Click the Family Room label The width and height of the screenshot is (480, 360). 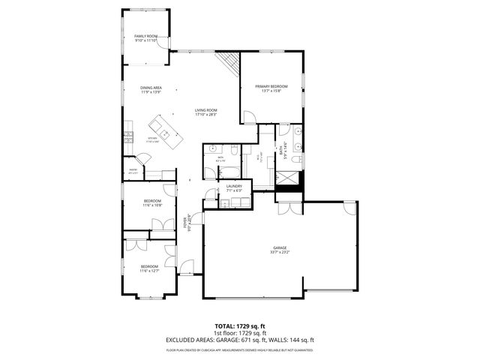click(x=145, y=36)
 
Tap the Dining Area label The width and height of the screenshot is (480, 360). click(x=151, y=88)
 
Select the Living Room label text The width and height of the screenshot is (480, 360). click(x=205, y=111)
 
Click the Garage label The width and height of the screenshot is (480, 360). click(x=280, y=248)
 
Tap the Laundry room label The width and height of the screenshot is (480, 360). click(x=234, y=187)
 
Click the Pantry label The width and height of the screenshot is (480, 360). click(x=133, y=171)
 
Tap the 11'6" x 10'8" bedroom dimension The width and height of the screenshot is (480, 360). click(x=153, y=205)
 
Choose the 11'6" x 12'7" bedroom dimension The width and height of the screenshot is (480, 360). click(x=149, y=271)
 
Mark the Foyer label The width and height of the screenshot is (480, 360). click(x=185, y=222)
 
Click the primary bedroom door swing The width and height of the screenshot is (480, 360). click(x=250, y=117)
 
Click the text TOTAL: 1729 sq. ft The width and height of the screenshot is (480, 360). click(x=239, y=325)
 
